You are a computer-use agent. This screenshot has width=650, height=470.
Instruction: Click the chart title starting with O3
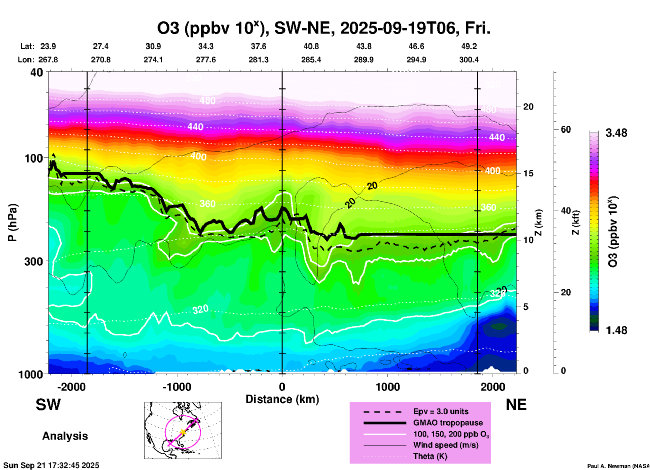point(323,28)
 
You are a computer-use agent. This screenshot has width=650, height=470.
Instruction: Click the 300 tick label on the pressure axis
point(34,261)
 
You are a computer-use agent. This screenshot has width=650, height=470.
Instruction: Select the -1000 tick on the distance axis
point(177,387)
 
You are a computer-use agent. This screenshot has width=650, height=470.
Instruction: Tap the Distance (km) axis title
point(282,399)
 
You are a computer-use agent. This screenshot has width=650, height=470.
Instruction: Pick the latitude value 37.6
point(259,46)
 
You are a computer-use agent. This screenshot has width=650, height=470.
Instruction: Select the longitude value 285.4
point(311,60)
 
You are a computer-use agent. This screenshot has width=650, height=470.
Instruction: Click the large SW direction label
point(48,405)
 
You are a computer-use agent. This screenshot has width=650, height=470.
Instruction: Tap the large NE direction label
point(516,405)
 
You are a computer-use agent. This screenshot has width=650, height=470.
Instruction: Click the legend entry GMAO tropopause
point(448,423)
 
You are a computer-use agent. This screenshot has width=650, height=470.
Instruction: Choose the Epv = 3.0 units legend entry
point(441,411)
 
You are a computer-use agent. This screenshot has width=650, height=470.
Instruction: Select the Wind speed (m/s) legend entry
point(445,445)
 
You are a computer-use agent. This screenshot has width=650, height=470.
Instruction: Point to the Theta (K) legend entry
point(430,456)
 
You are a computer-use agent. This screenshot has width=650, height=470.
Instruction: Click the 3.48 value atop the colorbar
point(616,133)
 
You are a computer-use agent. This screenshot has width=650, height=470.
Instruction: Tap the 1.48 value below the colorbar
point(616,330)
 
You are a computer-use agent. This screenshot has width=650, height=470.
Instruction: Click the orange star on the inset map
point(183,432)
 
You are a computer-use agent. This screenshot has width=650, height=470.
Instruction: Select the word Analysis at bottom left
point(65,436)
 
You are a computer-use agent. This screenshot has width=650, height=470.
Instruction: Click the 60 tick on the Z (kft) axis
point(566,129)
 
